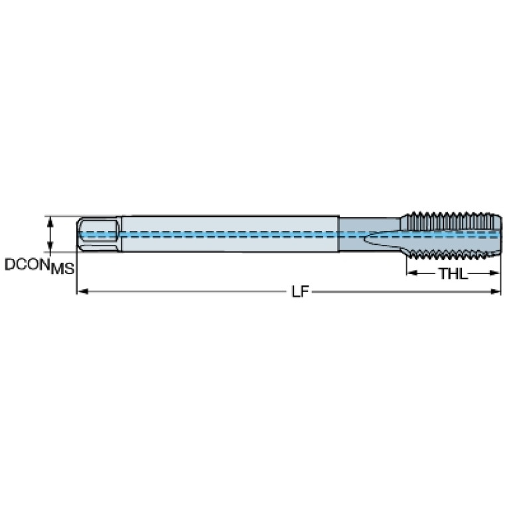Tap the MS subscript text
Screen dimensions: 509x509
pyautogui.click(x=62, y=269)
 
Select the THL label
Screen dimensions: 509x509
pyautogui.click(x=453, y=273)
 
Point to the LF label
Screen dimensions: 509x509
pyautogui.click(x=299, y=292)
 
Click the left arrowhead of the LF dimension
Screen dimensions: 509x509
pyautogui.click(x=82, y=291)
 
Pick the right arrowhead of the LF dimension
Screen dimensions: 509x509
pyautogui.click(x=496, y=291)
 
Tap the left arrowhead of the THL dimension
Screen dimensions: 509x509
pyautogui.click(x=412, y=273)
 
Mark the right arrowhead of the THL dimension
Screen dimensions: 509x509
pyautogui.click(x=494, y=273)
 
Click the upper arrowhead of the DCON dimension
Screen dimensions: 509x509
pyautogui.click(x=50, y=222)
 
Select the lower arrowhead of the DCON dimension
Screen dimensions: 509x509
pyautogui.click(x=50, y=246)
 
